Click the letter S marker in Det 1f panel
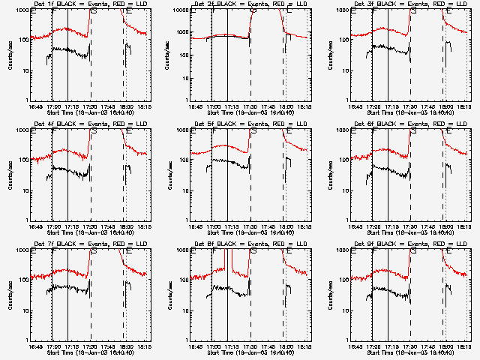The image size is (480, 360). coord(93,11)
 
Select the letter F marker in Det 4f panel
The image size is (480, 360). coord(53,131)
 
